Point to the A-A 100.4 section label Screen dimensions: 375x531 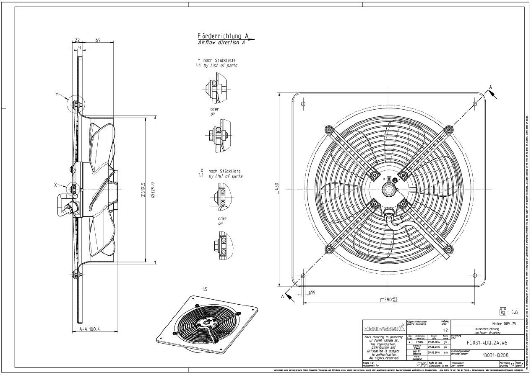pos(89,329)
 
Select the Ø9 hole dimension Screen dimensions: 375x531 pos(312,292)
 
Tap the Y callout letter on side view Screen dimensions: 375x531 pos(57,95)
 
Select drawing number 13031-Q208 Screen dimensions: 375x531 pos(488,355)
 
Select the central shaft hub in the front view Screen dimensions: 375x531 pos(389,189)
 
